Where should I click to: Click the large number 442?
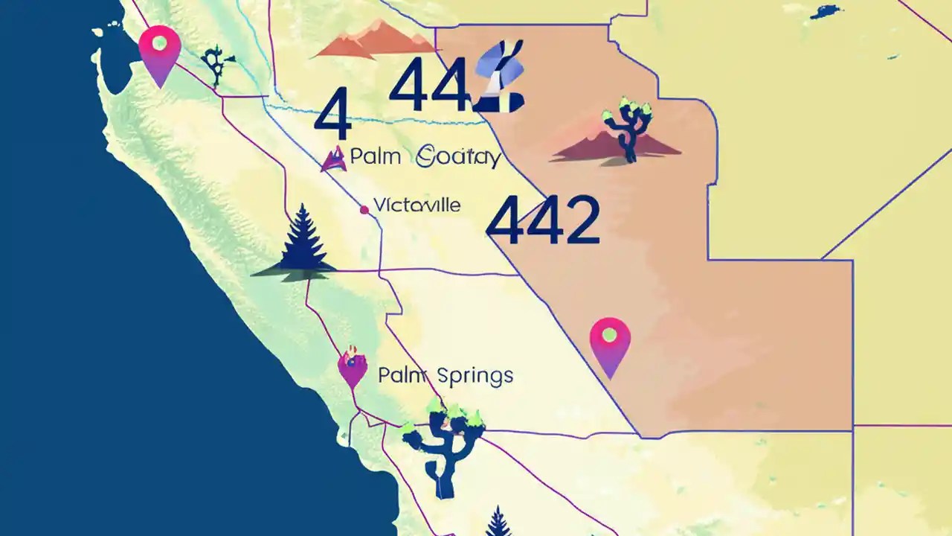[544, 220]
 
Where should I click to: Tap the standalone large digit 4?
[332, 114]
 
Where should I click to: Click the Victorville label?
[416, 205]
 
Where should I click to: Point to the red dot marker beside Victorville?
[364, 210]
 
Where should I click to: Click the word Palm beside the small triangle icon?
[376, 157]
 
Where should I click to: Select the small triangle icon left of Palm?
[333, 158]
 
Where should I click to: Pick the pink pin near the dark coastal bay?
[160, 51]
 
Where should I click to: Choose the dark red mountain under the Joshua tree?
[616, 147]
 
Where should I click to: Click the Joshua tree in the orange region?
[628, 127]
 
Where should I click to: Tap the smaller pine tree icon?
[498, 522]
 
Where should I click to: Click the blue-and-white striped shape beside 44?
[501, 77]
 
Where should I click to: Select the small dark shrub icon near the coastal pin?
[216, 65]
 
